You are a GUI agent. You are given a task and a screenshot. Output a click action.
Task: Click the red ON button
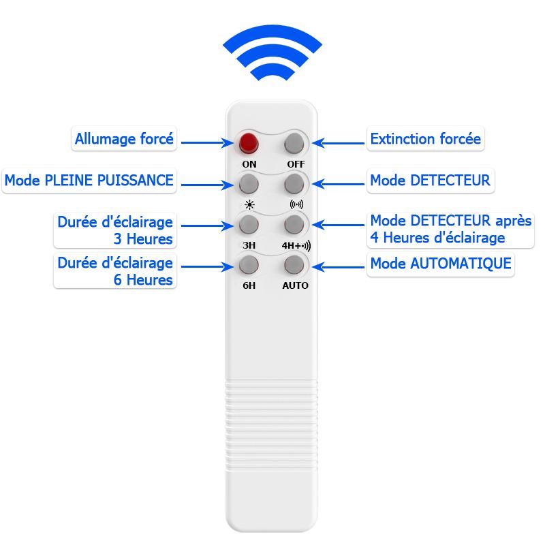coord(249,143)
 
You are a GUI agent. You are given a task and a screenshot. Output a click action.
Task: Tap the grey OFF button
coord(294,143)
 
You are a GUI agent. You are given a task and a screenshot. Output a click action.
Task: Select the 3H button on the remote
coord(249,225)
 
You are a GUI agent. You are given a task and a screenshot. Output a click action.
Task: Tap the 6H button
coord(249,265)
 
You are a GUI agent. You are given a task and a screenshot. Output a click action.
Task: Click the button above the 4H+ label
coord(294,225)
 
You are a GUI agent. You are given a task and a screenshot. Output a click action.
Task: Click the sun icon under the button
coord(249,205)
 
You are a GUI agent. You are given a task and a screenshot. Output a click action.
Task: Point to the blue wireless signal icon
coord(272,52)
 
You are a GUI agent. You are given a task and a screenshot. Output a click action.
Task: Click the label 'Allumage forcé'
coord(124,139)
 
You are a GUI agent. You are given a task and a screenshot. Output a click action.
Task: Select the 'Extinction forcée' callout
coord(425,139)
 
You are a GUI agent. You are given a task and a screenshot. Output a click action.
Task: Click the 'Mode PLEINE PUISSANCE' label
coord(89,181)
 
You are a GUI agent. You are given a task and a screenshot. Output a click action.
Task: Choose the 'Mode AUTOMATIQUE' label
coord(441,264)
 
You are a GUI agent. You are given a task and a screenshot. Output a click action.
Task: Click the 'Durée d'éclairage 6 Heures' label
coord(115,271)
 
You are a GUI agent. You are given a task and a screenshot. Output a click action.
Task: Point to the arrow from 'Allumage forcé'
coord(208,142)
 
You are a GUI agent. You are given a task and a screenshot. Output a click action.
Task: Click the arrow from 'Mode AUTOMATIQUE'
coord(338,267)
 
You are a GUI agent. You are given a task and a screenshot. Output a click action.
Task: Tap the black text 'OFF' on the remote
coord(296,164)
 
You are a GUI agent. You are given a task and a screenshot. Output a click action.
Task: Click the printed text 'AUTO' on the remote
coord(295,285)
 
